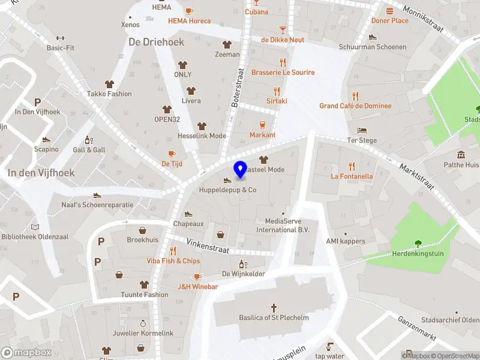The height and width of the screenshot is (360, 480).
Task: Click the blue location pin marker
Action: click(241, 170)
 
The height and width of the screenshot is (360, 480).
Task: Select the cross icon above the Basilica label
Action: click(274, 306)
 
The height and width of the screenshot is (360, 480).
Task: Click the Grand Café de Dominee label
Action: click(355, 106)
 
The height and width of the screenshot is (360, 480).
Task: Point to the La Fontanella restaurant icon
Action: click(352, 166)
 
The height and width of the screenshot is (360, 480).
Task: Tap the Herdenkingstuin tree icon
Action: click(418, 243)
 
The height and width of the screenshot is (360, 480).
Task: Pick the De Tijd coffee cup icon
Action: click(172, 154)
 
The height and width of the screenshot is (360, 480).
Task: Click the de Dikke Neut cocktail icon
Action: click(283, 29)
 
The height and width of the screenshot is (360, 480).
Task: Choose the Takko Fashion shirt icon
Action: click(109, 84)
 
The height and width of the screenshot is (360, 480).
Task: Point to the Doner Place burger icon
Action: click(389, 11)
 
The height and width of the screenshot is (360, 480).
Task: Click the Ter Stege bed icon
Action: click(362, 130)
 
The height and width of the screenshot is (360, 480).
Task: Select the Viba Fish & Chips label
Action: click(173, 261)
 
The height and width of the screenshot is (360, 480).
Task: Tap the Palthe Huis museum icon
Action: click(461, 154)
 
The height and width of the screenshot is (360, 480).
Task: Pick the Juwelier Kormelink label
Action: click(143, 333)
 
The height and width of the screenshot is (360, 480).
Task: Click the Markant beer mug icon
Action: click(262, 125)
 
